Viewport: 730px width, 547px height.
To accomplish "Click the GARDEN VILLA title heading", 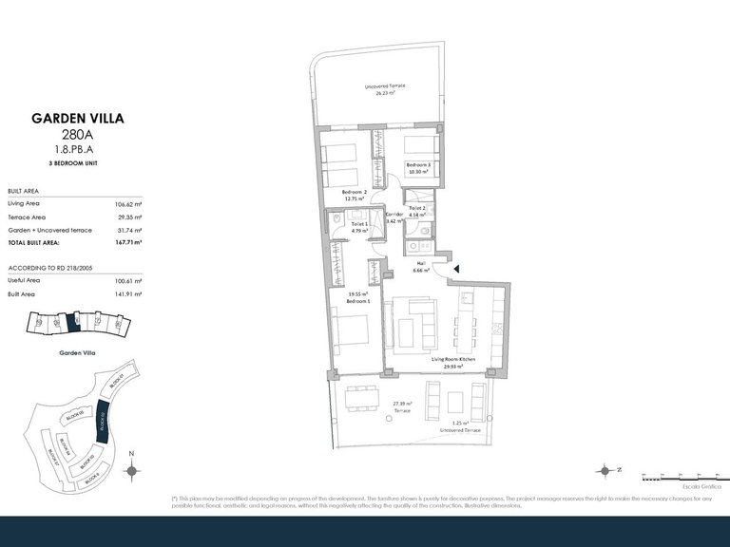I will click(x=78, y=119).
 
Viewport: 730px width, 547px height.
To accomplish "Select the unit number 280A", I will click(x=78, y=135).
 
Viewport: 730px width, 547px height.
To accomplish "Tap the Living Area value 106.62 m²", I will click(x=127, y=204).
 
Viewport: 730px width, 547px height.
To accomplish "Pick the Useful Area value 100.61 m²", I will click(x=127, y=281).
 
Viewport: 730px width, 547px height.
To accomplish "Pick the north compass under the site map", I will click(x=132, y=468).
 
